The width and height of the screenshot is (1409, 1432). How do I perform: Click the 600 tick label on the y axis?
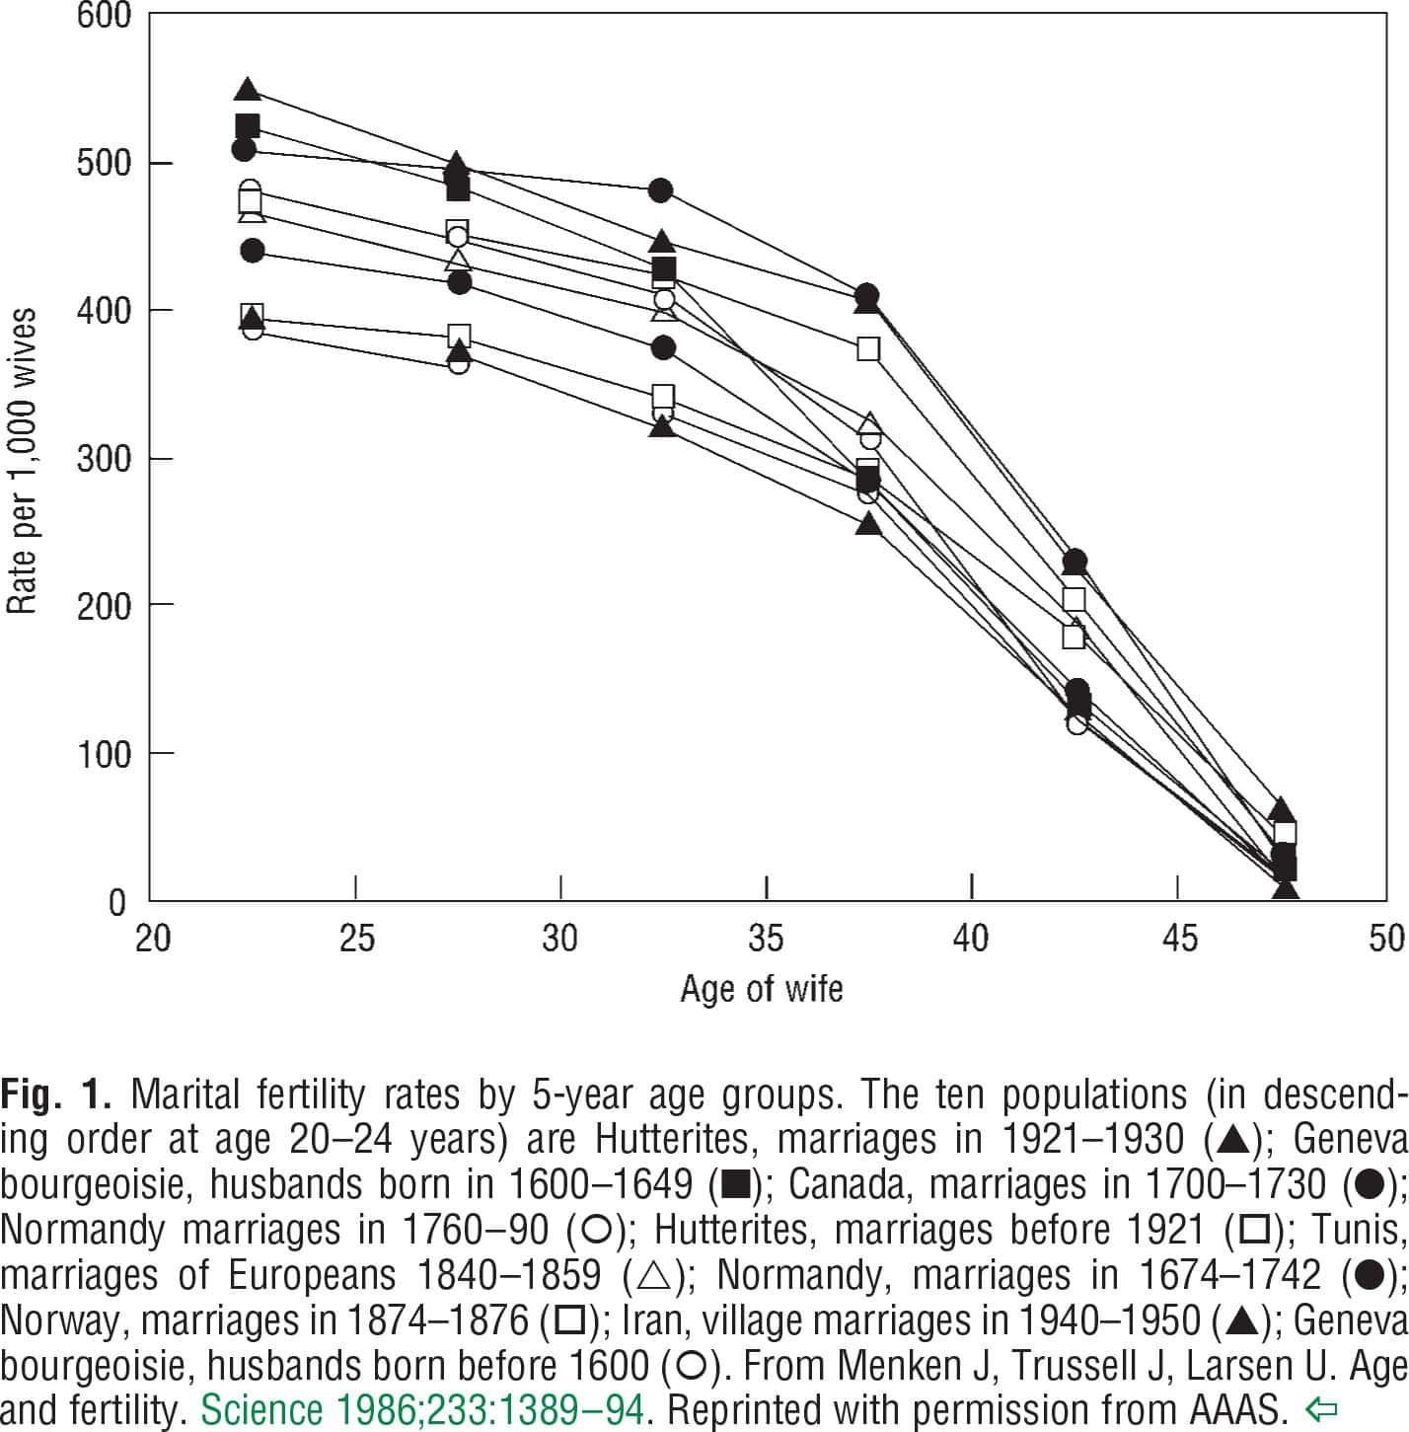[104, 17]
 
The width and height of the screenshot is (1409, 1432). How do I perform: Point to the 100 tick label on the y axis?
[104, 755]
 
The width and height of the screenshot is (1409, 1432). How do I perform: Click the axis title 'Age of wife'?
[762, 989]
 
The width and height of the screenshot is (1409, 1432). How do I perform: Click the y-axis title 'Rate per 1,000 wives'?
[22, 461]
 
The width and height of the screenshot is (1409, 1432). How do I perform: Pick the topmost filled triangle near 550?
[248, 90]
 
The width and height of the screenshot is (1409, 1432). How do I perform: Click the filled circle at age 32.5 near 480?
[661, 190]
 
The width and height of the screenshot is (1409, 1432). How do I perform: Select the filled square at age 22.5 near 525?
[248, 126]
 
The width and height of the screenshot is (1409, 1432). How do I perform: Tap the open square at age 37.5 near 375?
[868, 349]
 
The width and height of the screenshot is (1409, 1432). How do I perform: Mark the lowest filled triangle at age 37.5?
[867, 524]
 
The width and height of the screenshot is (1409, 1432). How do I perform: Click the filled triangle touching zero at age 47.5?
[1285, 889]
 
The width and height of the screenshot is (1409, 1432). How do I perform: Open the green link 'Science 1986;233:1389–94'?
[422, 1409]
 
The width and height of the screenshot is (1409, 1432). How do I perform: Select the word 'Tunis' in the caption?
[1369, 1231]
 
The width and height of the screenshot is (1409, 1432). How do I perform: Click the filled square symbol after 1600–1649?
[736, 1185]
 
